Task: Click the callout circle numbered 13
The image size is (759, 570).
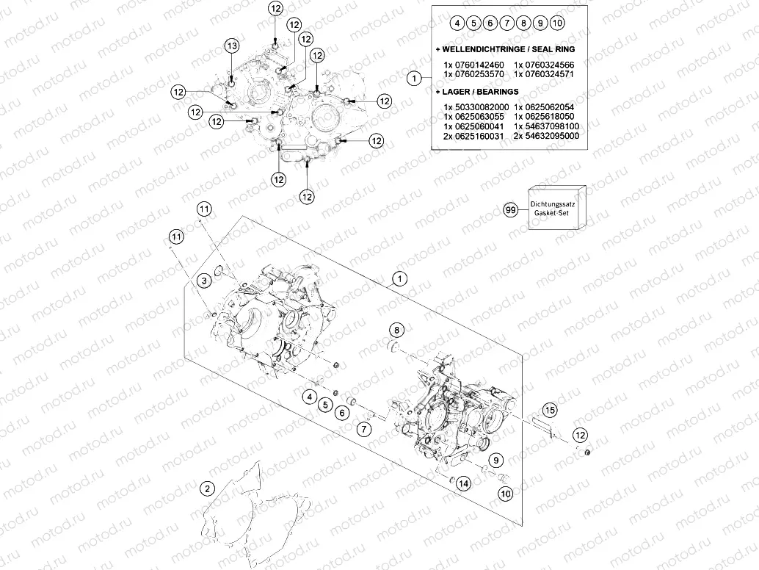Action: (232, 46)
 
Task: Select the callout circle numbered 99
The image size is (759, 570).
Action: (511, 209)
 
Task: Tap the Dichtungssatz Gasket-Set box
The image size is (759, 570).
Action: (557, 209)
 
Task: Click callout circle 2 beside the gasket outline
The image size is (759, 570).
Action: (207, 488)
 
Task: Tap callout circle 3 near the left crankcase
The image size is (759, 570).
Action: (204, 281)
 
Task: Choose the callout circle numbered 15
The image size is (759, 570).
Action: (549, 410)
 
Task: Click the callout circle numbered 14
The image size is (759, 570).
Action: (463, 483)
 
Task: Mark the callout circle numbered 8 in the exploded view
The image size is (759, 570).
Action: (396, 331)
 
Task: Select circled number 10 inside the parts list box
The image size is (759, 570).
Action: (557, 23)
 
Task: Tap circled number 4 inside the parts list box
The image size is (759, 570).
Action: (457, 23)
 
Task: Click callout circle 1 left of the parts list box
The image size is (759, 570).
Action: (414, 77)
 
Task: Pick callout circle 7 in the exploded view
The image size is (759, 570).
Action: (364, 428)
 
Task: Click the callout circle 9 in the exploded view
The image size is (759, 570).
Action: (495, 460)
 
